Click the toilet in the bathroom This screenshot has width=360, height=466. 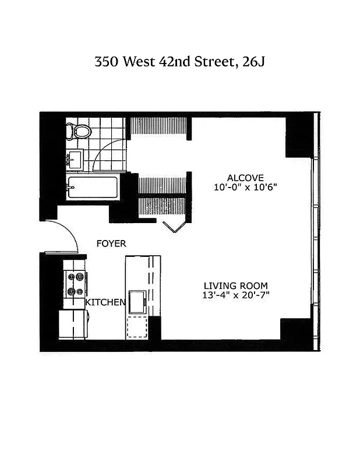[77, 131]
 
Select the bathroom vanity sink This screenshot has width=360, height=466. [75, 158]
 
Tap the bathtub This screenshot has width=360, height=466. [93, 188]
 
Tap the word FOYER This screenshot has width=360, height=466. [111, 243]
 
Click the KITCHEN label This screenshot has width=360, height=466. [105, 302]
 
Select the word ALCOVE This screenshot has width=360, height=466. [245, 178]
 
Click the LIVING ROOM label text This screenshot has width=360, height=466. [236, 285]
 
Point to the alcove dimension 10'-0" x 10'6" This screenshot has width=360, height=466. [245, 187]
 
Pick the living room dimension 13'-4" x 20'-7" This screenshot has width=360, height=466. [236, 295]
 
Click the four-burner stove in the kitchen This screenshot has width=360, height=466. [75, 285]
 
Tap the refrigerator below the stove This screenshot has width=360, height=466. [73, 324]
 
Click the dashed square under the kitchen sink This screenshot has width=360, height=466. [137, 326]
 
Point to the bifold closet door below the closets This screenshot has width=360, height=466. [174, 225]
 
